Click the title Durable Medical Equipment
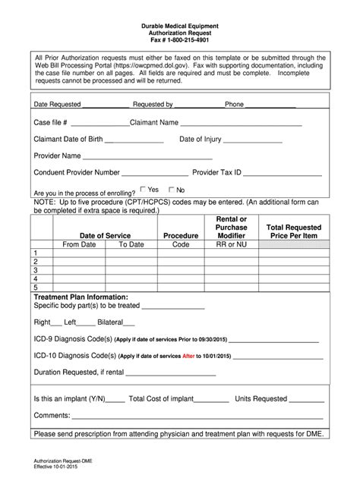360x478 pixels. point(180,27)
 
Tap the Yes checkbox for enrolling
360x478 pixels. point(144,190)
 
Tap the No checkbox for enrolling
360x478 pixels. point(171,190)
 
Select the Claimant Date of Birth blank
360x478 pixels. point(134,141)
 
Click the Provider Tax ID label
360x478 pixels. point(217,173)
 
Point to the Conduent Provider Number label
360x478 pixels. point(77,173)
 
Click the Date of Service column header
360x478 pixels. point(105,236)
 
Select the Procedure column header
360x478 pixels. point(181,236)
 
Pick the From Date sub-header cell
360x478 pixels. point(79,245)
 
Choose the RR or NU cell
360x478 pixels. point(231,245)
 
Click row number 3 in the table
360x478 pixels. point(34,270)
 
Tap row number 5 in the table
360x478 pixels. point(34,288)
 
